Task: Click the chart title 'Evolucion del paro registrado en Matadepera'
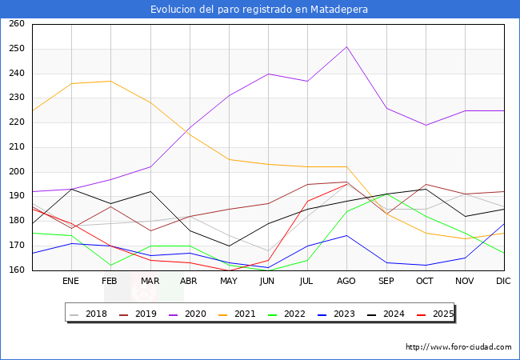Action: (x=260, y=10)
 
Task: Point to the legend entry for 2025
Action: (x=438, y=314)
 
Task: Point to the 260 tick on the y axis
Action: (x=16, y=24)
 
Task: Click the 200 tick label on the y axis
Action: (x=16, y=172)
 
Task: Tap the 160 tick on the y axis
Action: (x=16, y=270)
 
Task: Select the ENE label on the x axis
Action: (x=71, y=282)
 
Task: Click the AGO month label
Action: (x=346, y=282)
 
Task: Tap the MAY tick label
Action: (x=228, y=282)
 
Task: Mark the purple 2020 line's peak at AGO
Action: (x=346, y=46)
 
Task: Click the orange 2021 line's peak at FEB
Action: (x=110, y=81)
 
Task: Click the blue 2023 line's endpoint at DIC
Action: (x=504, y=224)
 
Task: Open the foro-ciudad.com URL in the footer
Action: (x=458, y=347)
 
